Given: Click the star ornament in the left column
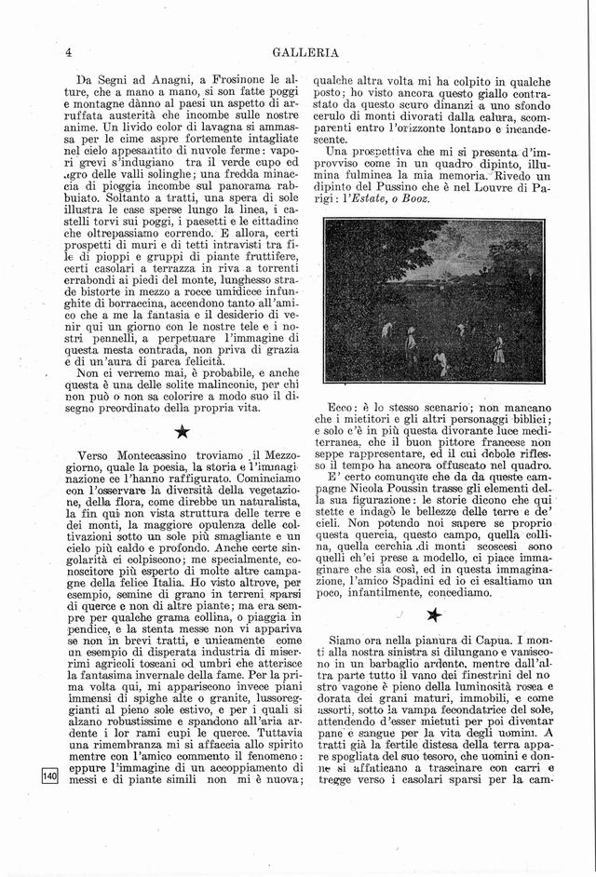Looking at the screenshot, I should click(x=183, y=430).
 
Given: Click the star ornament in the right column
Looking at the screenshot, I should click(x=433, y=614).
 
